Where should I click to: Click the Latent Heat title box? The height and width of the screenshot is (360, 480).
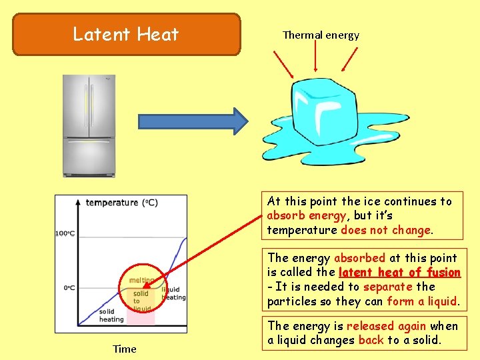pyautogui.click(x=126, y=34)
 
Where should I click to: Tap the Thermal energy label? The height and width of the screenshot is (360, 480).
pyautogui.click(x=321, y=35)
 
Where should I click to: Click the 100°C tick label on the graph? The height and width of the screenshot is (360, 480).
pyautogui.click(x=65, y=233)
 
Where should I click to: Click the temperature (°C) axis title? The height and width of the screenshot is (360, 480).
pyautogui.click(x=121, y=203)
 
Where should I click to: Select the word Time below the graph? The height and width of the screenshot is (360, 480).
pyautogui.click(x=124, y=349)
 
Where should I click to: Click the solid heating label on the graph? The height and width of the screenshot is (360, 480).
pyautogui.click(x=111, y=315)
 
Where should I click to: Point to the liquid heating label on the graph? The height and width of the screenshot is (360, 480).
pyautogui.click(x=173, y=293)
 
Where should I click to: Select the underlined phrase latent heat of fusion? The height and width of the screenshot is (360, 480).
pyautogui.click(x=399, y=272)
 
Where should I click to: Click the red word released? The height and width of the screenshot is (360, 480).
pyautogui.click(x=370, y=325)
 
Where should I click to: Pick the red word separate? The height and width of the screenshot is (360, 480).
pyautogui.click(x=389, y=287)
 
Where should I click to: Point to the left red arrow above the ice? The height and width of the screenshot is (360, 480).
pyautogui.click(x=283, y=63)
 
